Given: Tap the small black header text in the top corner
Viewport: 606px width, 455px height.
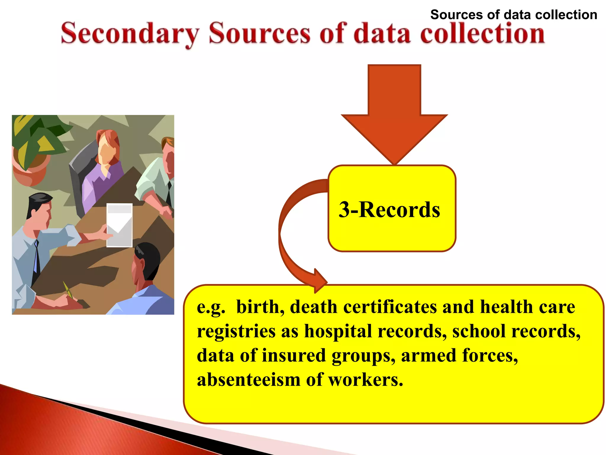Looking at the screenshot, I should [513, 15].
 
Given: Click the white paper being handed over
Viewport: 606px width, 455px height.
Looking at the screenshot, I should [119, 225].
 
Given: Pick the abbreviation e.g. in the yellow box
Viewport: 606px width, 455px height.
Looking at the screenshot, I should [211, 307].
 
